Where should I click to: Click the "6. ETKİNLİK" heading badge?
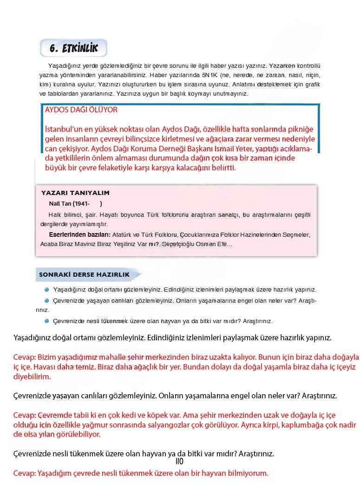73,48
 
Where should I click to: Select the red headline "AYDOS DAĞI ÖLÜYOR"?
81,110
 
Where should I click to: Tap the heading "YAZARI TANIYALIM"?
75,193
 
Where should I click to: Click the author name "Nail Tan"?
59,204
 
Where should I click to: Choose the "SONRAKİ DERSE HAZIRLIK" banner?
84,274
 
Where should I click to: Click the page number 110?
180,461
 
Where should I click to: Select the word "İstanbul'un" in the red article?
64,129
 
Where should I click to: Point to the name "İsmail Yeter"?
233,149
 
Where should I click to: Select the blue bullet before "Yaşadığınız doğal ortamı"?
47,289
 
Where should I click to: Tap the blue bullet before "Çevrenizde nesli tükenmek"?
47,321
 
